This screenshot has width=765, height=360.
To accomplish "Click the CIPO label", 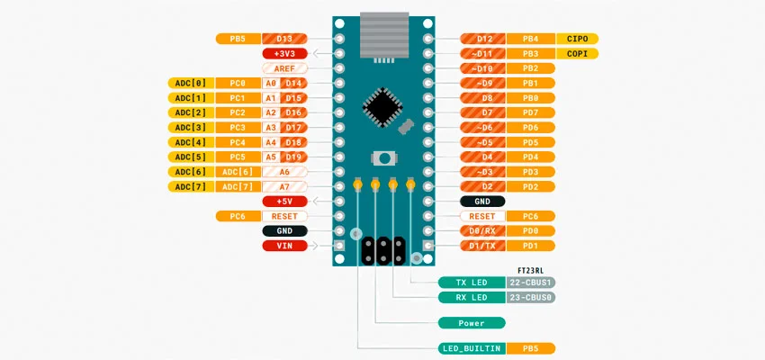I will pyautogui.click(x=577, y=39).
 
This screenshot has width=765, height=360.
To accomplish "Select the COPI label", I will pyautogui.click(x=577, y=53).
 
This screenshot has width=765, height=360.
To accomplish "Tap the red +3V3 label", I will pyautogui.click(x=284, y=53).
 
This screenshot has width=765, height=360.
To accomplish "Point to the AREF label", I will pyautogui.click(x=284, y=68).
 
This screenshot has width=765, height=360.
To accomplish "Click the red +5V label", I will pyautogui.click(x=284, y=201).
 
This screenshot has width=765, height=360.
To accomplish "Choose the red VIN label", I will pyautogui.click(x=284, y=245).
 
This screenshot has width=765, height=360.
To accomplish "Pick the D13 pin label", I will pyautogui.click(x=284, y=39).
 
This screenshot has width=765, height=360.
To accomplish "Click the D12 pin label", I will pyautogui.click(x=483, y=39).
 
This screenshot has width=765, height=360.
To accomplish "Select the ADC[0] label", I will pyautogui.click(x=191, y=83).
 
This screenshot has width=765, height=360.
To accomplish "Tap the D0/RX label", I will pyautogui.click(x=483, y=230).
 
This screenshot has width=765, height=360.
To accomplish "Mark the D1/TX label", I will pyautogui.click(x=483, y=245).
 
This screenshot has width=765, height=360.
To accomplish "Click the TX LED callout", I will pyautogui.click(x=471, y=282).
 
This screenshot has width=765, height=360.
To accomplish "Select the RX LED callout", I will pyautogui.click(x=471, y=297).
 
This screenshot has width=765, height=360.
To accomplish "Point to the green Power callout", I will pyautogui.click(x=471, y=322).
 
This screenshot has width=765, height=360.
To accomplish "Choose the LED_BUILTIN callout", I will pyautogui.click(x=471, y=347).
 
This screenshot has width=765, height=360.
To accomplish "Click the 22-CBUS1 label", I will pyautogui.click(x=531, y=282).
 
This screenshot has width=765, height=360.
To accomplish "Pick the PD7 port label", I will pyautogui.click(x=530, y=112).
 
